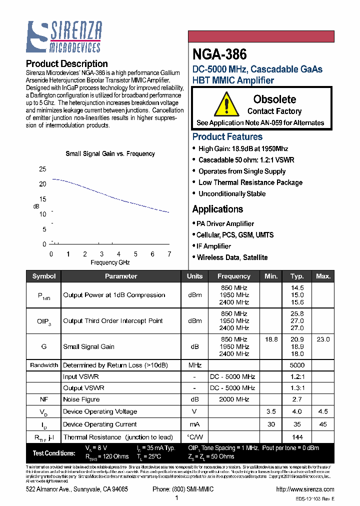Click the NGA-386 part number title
click(219, 54)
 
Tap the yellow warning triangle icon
click(226, 105)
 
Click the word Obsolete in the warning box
click(274, 99)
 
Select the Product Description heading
click(66, 63)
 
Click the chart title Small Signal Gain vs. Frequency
click(110, 153)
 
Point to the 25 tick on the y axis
click(42, 169)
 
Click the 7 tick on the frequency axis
click(169, 254)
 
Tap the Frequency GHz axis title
click(110, 262)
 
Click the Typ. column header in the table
click(297, 276)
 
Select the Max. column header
click(323, 276)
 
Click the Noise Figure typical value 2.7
click(297, 399)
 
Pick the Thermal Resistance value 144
click(297, 437)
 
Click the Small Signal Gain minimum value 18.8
click(271, 339)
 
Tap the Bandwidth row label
click(44, 365)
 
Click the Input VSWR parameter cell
click(81, 376)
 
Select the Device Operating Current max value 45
click(323, 424)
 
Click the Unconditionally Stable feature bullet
click(232, 193)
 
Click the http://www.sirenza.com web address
click(304, 489)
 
